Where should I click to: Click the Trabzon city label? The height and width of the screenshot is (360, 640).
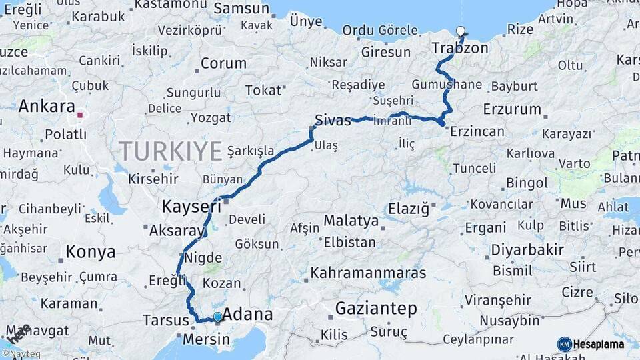(459, 48)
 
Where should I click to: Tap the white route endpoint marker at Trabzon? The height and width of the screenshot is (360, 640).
(461, 31)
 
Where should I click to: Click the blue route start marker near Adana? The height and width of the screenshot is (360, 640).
(217, 317)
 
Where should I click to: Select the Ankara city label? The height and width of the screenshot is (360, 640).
(46, 106)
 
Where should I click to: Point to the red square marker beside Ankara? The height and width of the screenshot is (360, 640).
(80, 115)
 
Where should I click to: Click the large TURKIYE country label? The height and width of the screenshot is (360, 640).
(171, 151)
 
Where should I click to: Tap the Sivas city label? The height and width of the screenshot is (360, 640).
(333, 121)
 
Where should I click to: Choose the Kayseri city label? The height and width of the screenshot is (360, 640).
(192, 207)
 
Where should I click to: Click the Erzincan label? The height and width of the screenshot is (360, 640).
(477, 131)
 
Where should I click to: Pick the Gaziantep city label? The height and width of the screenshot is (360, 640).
(376, 309)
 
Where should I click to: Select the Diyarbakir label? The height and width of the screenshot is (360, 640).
(527, 250)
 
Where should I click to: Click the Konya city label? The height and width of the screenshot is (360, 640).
(91, 253)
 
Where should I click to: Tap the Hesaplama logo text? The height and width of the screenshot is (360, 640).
(599, 344)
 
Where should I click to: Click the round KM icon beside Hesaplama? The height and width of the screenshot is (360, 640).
(565, 344)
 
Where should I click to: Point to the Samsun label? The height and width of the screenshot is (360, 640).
(242, 9)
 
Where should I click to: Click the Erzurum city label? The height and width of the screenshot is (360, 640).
(512, 109)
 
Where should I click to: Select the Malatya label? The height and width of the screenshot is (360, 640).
(351, 220)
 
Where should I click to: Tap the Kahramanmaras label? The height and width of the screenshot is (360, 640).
(368, 273)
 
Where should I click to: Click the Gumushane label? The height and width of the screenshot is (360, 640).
(446, 85)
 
